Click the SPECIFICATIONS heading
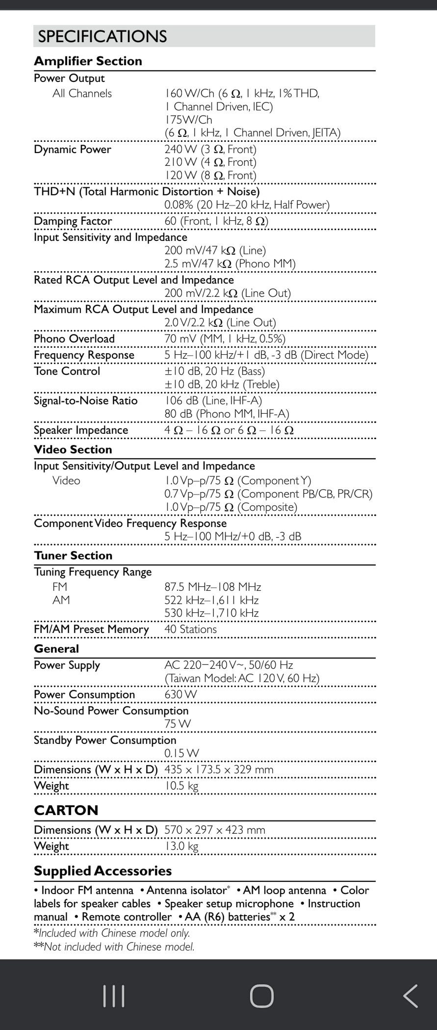coord(103,36)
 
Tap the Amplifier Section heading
coord(88,61)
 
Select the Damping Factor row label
coord(73,221)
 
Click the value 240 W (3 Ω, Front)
coord(210,149)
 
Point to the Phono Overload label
coord(74,339)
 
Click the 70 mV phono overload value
coord(225,339)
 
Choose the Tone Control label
coord(67,371)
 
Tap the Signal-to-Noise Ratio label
coord(85,401)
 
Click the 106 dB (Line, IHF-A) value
coord(213,401)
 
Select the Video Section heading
coord(73,449)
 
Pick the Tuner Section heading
coord(73,555)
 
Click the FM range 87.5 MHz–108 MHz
coord(212,587)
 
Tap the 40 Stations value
coord(190,629)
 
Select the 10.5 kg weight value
coord(181,786)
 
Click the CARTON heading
coord(66,810)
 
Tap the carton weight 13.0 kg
coord(181,846)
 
